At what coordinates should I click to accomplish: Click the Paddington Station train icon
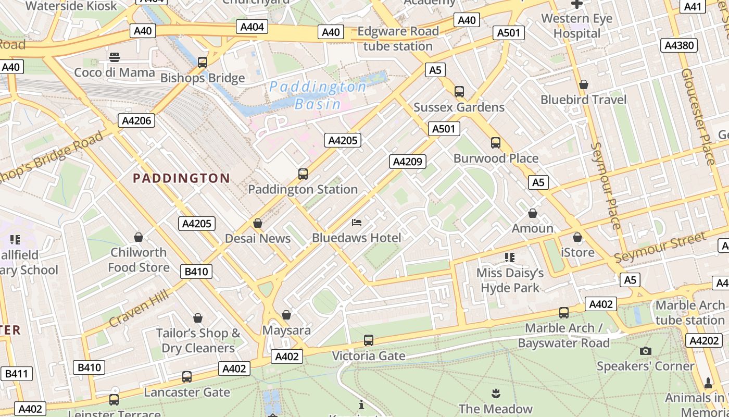coord(303,174)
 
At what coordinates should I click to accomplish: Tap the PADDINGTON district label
coord(181,178)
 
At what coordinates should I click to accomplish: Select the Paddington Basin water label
coord(318,95)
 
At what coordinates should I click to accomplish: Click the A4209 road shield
coord(407,162)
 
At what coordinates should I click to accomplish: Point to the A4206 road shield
coord(136,121)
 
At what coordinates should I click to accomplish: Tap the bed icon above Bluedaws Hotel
coord(357,223)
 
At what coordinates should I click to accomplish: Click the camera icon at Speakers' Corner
coord(646,351)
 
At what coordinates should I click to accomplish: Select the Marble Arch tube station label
coord(690,313)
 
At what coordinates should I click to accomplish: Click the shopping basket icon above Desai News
coord(257,223)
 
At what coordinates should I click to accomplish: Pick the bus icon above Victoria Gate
coord(369,340)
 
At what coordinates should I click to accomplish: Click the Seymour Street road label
coord(661,247)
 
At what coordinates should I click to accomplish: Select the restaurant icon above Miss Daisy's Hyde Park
coord(509,257)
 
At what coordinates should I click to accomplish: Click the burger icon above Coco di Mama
coord(115,57)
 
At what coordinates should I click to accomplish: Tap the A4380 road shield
coord(680,45)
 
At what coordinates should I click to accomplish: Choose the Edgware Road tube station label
coord(398,39)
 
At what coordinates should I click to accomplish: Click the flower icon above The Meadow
coord(495,393)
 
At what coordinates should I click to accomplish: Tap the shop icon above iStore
coord(577,238)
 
